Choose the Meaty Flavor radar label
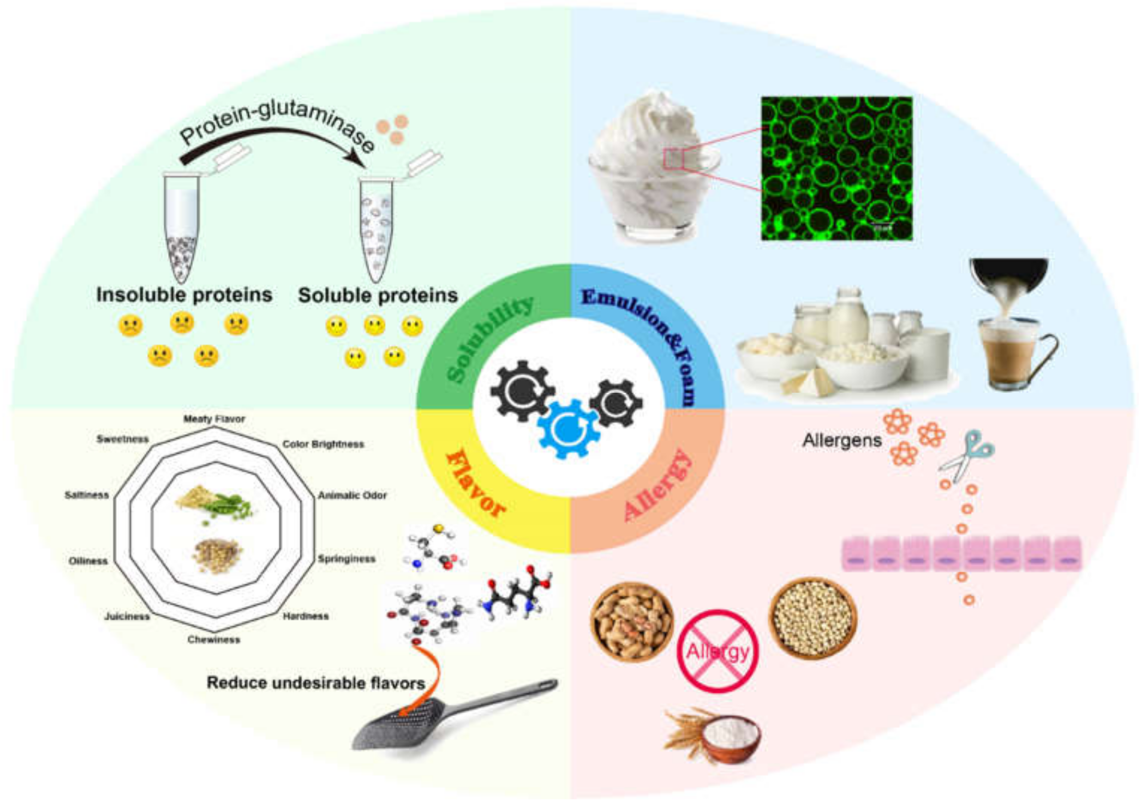click(x=214, y=419)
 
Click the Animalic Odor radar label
click(x=352, y=496)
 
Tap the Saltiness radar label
click(x=87, y=495)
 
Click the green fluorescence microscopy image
click(x=837, y=168)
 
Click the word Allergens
click(x=842, y=440)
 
